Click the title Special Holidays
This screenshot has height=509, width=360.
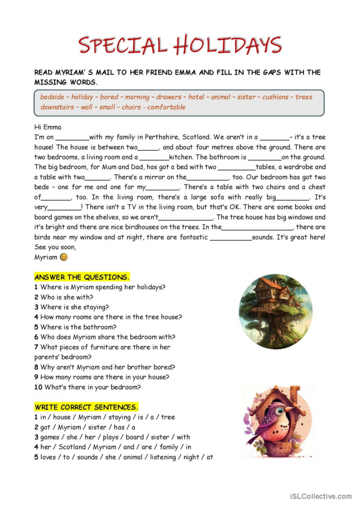click(x=180, y=45)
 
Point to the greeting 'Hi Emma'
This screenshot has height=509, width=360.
click(x=48, y=127)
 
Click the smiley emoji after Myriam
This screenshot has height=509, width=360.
click(x=64, y=257)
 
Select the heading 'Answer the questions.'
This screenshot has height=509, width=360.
click(x=82, y=277)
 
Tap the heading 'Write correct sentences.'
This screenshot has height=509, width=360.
click(x=87, y=407)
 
